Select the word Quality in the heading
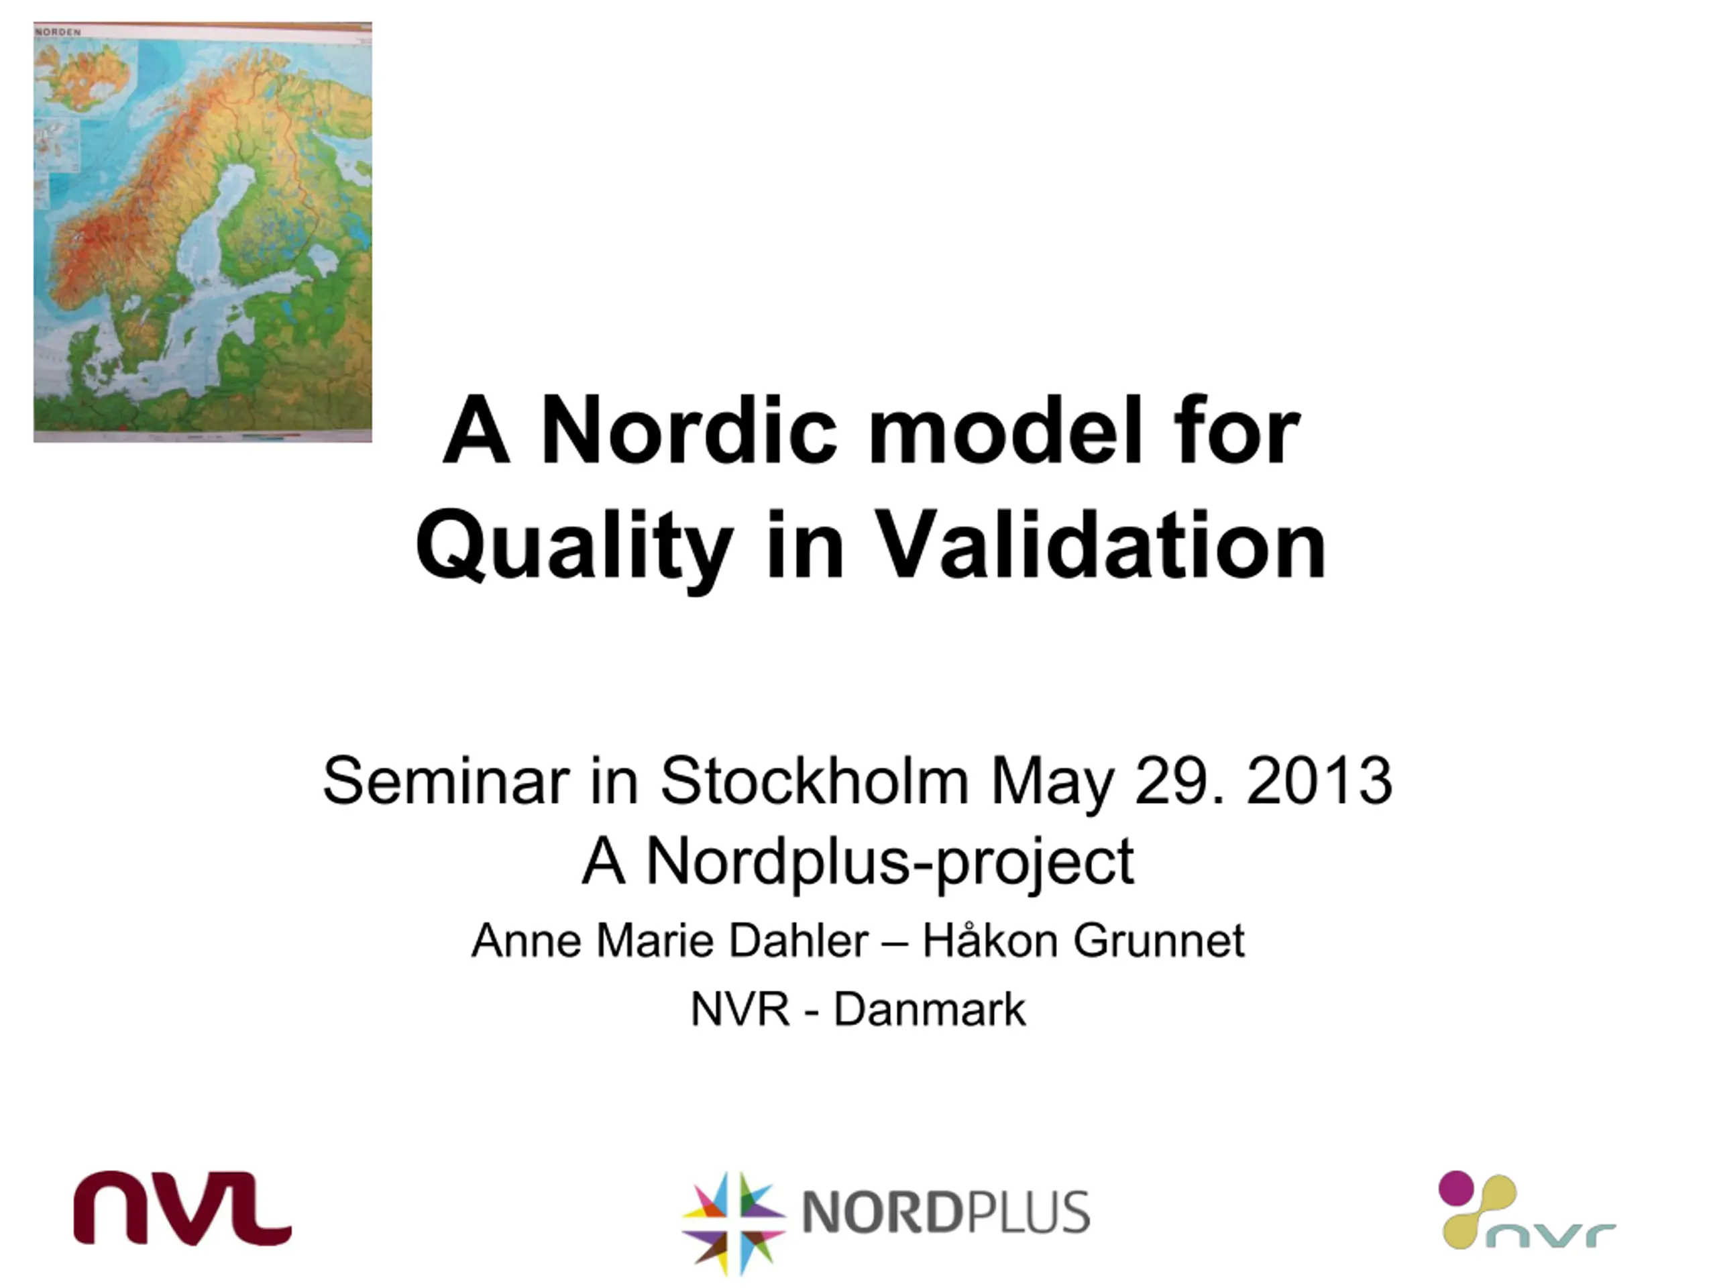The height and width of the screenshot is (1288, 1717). pos(574,546)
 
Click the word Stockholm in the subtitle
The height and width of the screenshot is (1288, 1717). pos(814,780)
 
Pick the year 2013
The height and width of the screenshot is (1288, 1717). pos(1319,780)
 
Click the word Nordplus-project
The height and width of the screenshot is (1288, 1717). pos(889,863)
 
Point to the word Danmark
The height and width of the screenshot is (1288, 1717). pos(929,1010)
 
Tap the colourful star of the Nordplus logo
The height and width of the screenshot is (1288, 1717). pos(733,1223)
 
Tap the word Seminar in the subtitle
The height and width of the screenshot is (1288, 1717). pos(445,780)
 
